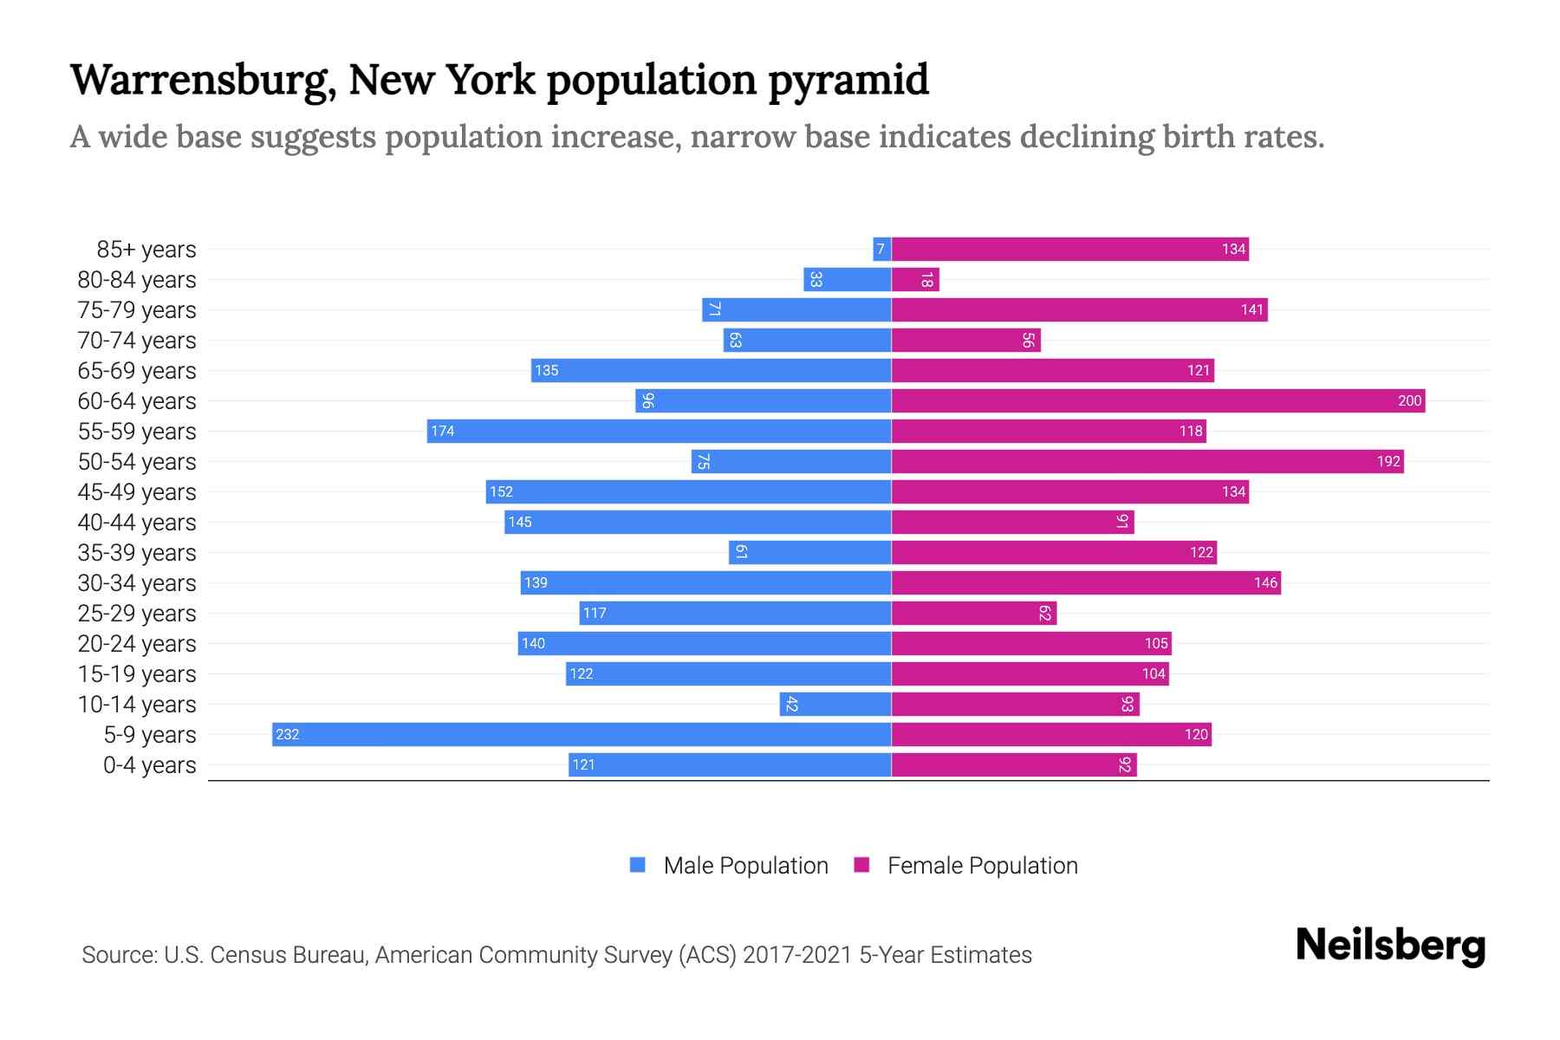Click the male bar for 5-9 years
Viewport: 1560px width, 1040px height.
[581, 734]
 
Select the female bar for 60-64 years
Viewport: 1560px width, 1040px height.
[1157, 400]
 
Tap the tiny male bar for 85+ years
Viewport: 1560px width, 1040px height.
[881, 250]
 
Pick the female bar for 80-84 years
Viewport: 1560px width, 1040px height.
[915, 280]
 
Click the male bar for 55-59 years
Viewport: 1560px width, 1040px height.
[659, 431]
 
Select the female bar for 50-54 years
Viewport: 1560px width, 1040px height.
[1147, 461]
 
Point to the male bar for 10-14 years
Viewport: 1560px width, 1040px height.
[835, 704]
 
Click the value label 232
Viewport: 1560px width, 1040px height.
[287, 735]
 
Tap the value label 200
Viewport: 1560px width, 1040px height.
[1409, 400]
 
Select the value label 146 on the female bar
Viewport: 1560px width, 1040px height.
[1265, 582]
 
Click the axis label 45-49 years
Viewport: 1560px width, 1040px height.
[137, 491]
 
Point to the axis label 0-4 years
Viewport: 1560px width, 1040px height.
[149, 764]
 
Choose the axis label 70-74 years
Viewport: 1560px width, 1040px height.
[137, 340]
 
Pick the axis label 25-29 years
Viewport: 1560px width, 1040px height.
[137, 613]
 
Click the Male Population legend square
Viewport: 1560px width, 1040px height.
[638, 865]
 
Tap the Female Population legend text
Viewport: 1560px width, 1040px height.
[982, 865]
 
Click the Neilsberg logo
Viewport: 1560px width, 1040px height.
[1390, 945]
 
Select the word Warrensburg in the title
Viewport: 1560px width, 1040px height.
[202, 81]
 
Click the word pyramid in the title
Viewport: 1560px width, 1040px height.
[848, 81]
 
